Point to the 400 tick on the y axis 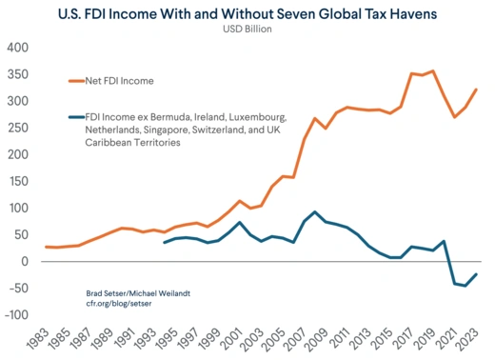pyautogui.click(x=19, y=48)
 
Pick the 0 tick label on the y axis pyautogui.click(x=27, y=261)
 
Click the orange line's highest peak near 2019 pyautogui.click(x=433, y=71)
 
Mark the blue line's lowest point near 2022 pyautogui.click(x=465, y=286)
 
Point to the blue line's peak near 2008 pyautogui.click(x=315, y=212)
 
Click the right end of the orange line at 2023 pyautogui.click(x=476, y=90)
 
